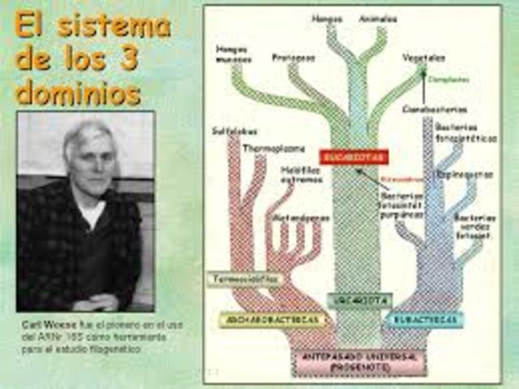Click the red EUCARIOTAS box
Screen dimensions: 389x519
[342, 157]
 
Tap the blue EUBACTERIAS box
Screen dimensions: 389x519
[424, 319]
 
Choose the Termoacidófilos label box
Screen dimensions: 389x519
[244, 279]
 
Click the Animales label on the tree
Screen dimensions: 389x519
[378, 18]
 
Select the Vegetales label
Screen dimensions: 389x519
[424, 58]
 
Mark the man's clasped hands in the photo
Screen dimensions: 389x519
[97, 302]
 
